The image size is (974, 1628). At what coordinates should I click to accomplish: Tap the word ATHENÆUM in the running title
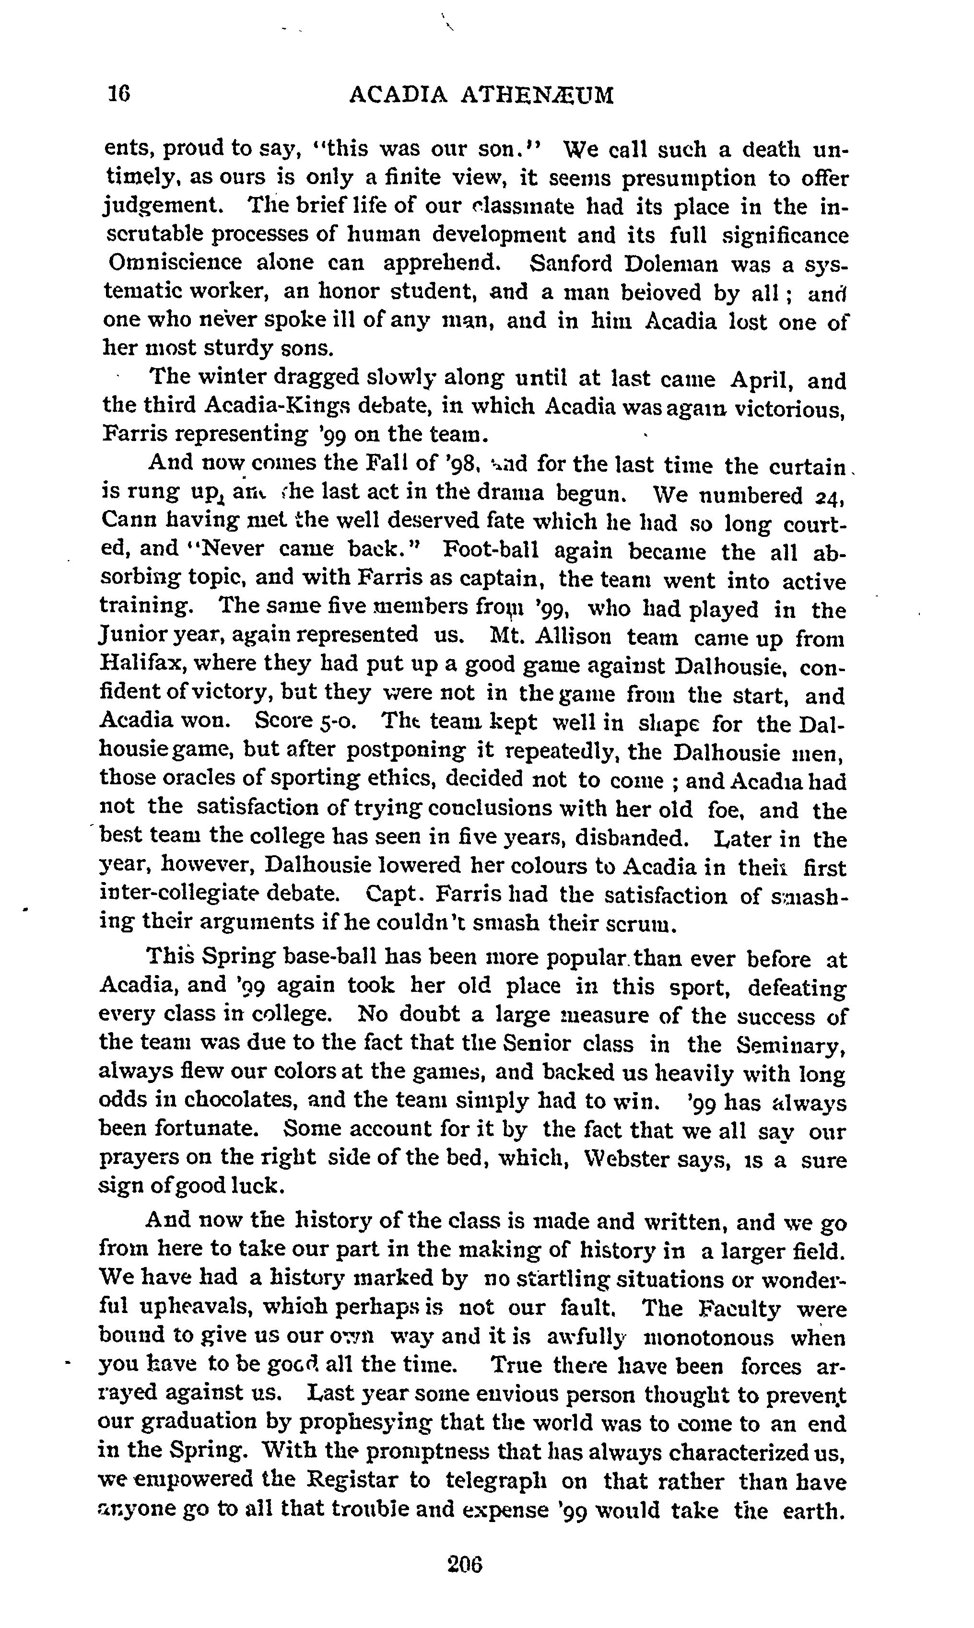538,96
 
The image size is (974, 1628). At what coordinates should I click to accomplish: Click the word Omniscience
175,263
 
